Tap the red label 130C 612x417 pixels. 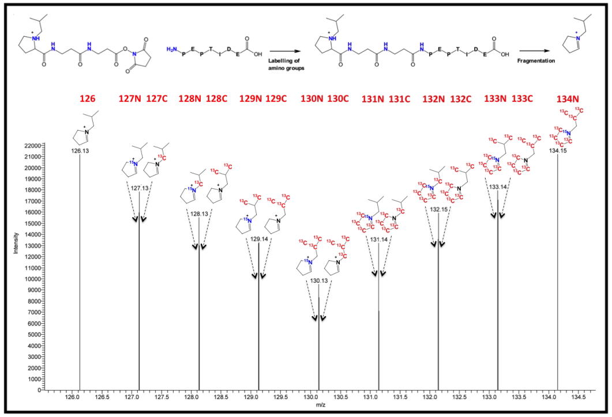coord(339,98)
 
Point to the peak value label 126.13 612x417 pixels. coord(79,151)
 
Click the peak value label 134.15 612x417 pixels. coord(558,151)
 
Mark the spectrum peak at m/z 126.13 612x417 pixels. coord(80,271)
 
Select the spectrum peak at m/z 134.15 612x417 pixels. coord(558,271)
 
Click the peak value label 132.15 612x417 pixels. coord(439,209)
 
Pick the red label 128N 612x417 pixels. coord(196,98)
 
